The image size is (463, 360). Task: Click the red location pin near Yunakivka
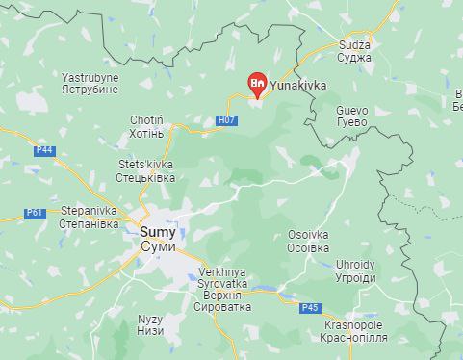257,85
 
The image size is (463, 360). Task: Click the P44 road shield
44,150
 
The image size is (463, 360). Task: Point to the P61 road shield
36,213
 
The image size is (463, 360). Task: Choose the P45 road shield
309,308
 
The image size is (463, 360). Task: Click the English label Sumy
158,232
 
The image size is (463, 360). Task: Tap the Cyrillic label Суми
158,247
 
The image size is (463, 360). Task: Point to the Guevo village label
351,110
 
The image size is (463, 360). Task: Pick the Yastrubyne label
90,75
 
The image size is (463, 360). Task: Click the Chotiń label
147,120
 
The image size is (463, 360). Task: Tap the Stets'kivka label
145,165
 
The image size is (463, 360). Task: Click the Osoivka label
308,234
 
